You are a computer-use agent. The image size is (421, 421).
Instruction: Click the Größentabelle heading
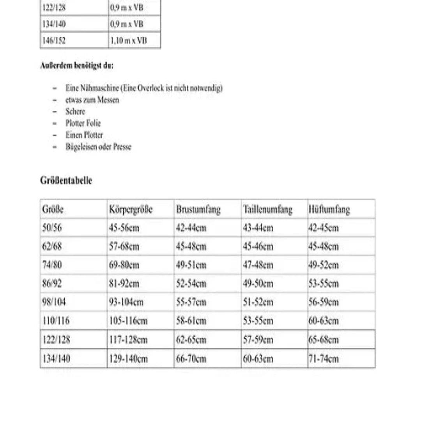pos(66,181)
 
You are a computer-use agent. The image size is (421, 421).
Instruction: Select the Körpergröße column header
pos(131,210)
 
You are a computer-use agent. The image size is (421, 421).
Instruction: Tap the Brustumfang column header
pos(198,210)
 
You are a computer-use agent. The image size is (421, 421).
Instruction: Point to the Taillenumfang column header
pos(267,210)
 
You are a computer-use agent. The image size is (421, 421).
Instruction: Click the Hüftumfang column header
pos(329,210)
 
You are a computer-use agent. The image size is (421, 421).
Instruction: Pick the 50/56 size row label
pos(52,228)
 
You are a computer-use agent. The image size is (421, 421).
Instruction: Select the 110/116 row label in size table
pos(56,321)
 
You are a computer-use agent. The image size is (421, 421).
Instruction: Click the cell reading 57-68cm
pos(124,247)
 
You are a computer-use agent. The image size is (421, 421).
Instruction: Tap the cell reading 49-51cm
pos(191,265)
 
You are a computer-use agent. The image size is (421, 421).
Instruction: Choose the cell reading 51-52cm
pos(258,302)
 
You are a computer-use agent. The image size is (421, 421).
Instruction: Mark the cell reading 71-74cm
pos(324,359)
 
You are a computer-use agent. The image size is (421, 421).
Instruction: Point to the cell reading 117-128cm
pos(128,340)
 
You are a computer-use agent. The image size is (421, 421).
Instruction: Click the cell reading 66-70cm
pos(191,359)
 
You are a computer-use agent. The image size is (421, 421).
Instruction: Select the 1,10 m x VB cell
pos(128,41)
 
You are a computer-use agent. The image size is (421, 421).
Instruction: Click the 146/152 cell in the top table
pos(54,41)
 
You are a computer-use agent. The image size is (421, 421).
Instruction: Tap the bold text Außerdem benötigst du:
pos(77,65)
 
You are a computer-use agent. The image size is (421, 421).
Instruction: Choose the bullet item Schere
pos(75,111)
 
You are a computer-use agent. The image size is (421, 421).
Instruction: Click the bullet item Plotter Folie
pos(83,124)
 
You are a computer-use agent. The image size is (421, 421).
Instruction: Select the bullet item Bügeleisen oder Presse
pos(98,147)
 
